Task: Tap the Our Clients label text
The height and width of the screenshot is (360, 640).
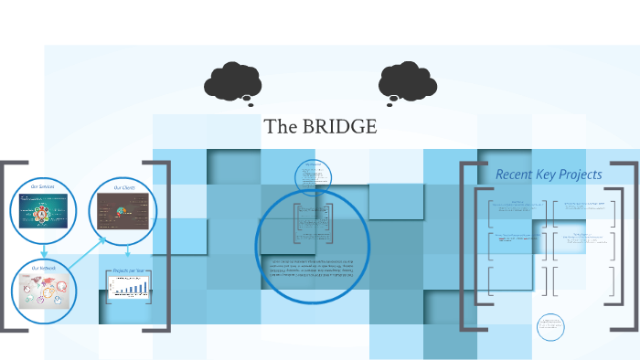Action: (x=123, y=187)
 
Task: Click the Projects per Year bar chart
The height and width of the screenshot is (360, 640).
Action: (x=127, y=291)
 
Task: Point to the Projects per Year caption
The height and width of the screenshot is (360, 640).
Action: (x=127, y=271)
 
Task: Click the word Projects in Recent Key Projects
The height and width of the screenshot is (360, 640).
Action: (x=581, y=174)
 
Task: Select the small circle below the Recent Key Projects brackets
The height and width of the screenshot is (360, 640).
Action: (x=550, y=326)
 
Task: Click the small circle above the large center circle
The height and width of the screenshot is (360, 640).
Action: (x=314, y=176)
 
